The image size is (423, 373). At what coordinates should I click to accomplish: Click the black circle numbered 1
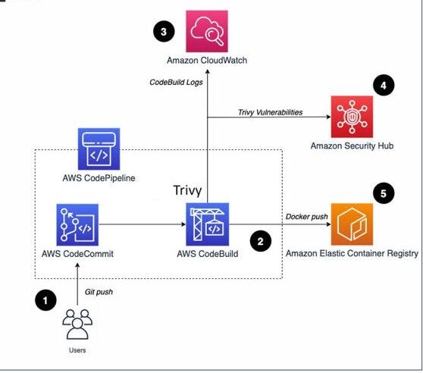point(47,301)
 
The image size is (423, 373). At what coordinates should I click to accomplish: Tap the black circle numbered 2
point(260,243)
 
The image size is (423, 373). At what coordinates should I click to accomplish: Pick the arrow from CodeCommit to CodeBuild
point(144,225)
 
